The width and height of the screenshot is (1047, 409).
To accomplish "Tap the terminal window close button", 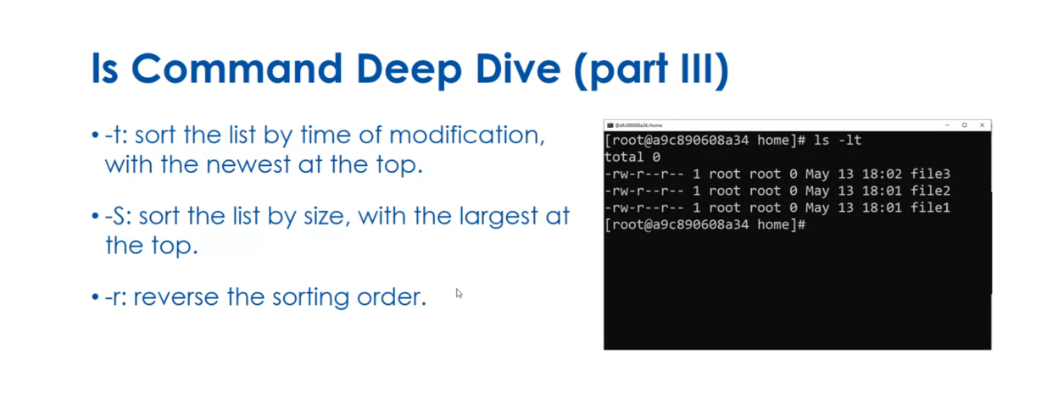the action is coord(982,125).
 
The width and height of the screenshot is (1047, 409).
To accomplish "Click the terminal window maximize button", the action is coord(964,125).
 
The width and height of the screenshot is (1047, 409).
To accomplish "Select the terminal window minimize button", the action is coord(947,125).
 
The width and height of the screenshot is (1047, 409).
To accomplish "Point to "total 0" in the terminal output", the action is coord(632,158).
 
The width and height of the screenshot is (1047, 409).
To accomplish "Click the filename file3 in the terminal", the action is coord(930,174).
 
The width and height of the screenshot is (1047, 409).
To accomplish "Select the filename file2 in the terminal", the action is coord(930,191).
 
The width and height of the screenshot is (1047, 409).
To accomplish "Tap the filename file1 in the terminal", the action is coord(930,207).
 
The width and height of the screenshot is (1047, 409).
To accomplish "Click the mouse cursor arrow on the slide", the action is coord(459,293).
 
